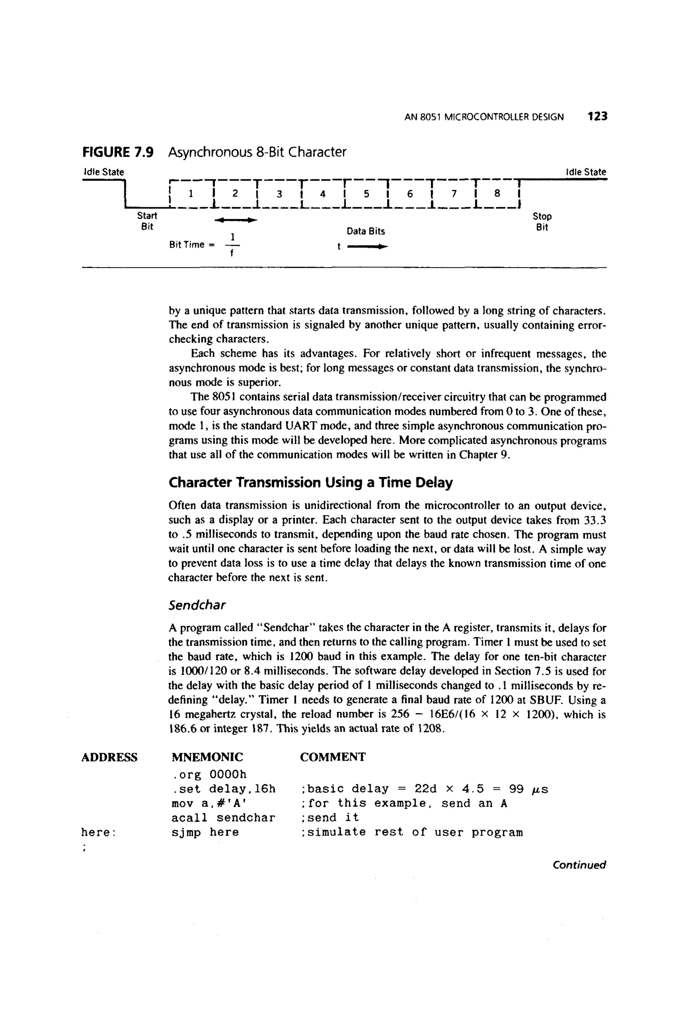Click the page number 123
click(x=597, y=116)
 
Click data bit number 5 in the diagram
click(x=366, y=194)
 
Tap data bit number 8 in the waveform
click(x=497, y=194)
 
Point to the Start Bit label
click(x=147, y=221)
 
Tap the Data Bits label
click(x=366, y=231)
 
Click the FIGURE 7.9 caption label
click(x=118, y=152)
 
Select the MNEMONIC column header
click(x=207, y=757)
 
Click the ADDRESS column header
click(x=109, y=757)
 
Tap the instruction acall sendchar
click(x=223, y=818)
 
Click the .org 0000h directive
click(x=209, y=774)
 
